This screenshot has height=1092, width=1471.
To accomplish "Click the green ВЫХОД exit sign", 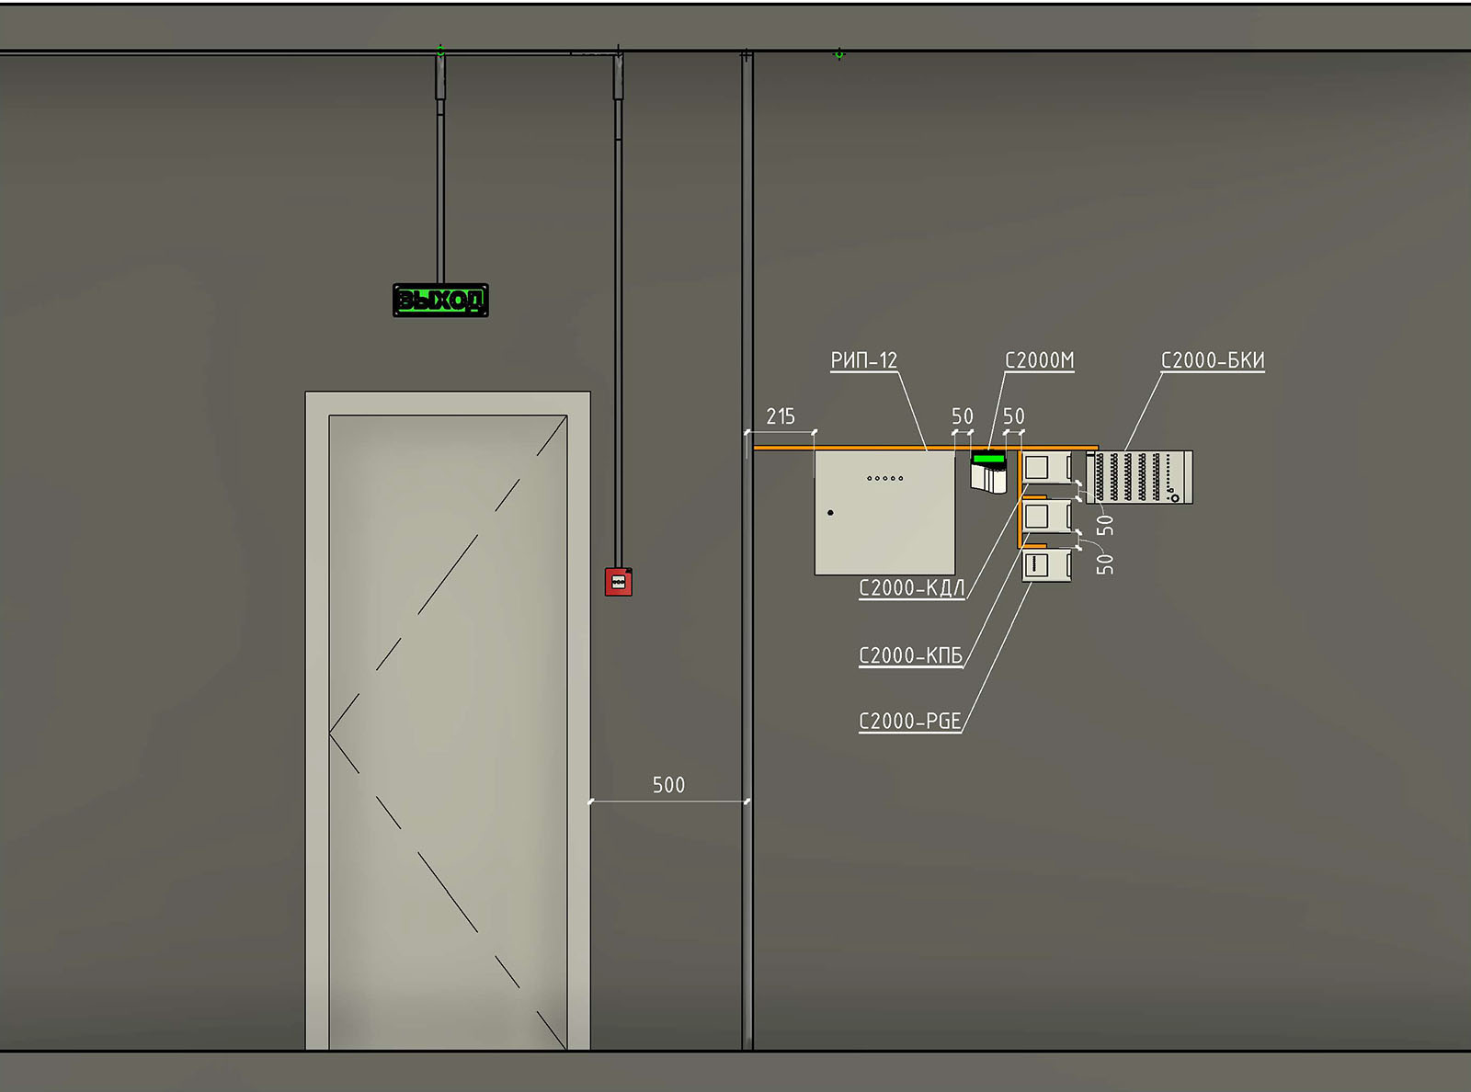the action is pyautogui.click(x=440, y=301).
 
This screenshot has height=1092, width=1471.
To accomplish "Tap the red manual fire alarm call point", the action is pyautogui.click(x=618, y=582).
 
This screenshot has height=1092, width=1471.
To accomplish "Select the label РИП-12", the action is pyautogui.click(x=863, y=360).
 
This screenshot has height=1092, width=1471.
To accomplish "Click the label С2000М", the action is pyautogui.click(x=1039, y=360).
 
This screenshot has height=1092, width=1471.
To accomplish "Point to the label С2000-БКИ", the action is pyautogui.click(x=1213, y=360).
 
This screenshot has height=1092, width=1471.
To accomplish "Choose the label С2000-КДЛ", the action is pyautogui.click(x=912, y=588).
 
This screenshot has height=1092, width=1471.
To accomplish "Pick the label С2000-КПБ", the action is pyautogui.click(x=910, y=655).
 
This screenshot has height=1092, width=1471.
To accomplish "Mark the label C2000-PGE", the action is pyautogui.click(x=910, y=722).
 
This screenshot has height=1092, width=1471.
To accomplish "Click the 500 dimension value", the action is pyautogui.click(x=668, y=785).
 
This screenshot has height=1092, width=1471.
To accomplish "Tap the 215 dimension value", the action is pyautogui.click(x=781, y=416).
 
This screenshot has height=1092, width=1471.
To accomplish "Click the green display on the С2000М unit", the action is pyautogui.click(x=988, y=458).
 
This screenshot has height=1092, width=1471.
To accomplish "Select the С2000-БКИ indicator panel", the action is pyautogui.click(x=1139, y=477).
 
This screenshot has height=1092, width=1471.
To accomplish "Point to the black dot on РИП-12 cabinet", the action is pyautogui.click(x=830, y=513).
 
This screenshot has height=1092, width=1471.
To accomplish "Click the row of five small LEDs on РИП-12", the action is pyautogui.click(x=884, y=478).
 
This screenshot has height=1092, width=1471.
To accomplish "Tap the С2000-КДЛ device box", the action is pyautogui.click(x=1046, y=467).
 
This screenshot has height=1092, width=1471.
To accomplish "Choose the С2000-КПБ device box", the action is pyautogui.click(x=1046, y=516).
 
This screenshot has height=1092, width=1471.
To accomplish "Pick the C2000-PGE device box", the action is pyautogui.click(x=1046, y=565).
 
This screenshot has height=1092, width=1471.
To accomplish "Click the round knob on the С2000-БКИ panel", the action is pyautogui.click(x=1175, y=498).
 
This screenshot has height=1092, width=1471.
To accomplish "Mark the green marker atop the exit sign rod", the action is pyautogui.click(x=440, y=51).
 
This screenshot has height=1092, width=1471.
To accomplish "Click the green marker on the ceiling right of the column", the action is pyautogui.click(x=839, y=54).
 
